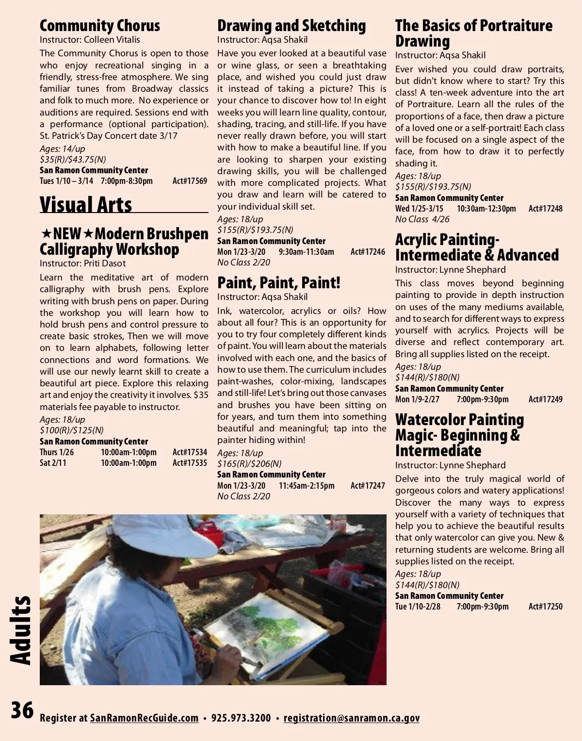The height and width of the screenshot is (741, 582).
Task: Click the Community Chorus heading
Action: (99, 26)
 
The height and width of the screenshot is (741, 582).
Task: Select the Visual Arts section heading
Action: (86, 204)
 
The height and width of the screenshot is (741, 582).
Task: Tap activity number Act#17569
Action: (190, 181)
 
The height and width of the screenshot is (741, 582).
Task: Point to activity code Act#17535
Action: (190, 463)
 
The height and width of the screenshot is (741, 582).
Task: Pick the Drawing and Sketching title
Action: (291, 26)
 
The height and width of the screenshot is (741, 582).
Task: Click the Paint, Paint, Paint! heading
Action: (278, 282)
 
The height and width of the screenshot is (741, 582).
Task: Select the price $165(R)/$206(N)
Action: (249, 463)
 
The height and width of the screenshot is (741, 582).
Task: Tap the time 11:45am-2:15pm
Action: (307, 486)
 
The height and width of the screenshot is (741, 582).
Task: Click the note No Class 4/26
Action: (422, 219)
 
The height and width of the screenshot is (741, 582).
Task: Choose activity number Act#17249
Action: (546, 399)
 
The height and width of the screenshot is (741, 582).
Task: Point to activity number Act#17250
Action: (546, 607)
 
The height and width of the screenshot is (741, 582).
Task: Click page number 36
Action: (22, 710)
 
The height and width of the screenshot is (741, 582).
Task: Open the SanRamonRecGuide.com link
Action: (144, 718)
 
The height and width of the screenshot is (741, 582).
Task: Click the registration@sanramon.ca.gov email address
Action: (352, 718)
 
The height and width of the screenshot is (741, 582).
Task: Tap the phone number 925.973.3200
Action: (241, 718)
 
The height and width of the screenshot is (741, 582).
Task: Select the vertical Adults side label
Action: (20, 630)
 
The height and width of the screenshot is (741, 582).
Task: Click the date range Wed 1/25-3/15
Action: (419, 209)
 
